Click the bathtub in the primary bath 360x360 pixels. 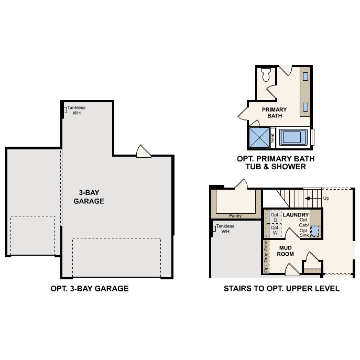[292, 137]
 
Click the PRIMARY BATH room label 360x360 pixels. [275, 112]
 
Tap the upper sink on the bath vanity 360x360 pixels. [305, 77]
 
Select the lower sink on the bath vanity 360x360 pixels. [305, 107]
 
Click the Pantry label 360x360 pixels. [235, 215]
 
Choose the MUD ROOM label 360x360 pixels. [286, 250]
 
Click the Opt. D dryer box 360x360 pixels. [275, 217]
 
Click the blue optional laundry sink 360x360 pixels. [315, 231]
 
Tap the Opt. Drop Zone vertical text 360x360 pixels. [266, 257]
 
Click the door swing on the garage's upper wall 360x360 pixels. [143, 151]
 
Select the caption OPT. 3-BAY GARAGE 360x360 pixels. [90, 288]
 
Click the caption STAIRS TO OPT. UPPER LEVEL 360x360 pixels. [281, 288]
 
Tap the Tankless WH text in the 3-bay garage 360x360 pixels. [77, 110]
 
